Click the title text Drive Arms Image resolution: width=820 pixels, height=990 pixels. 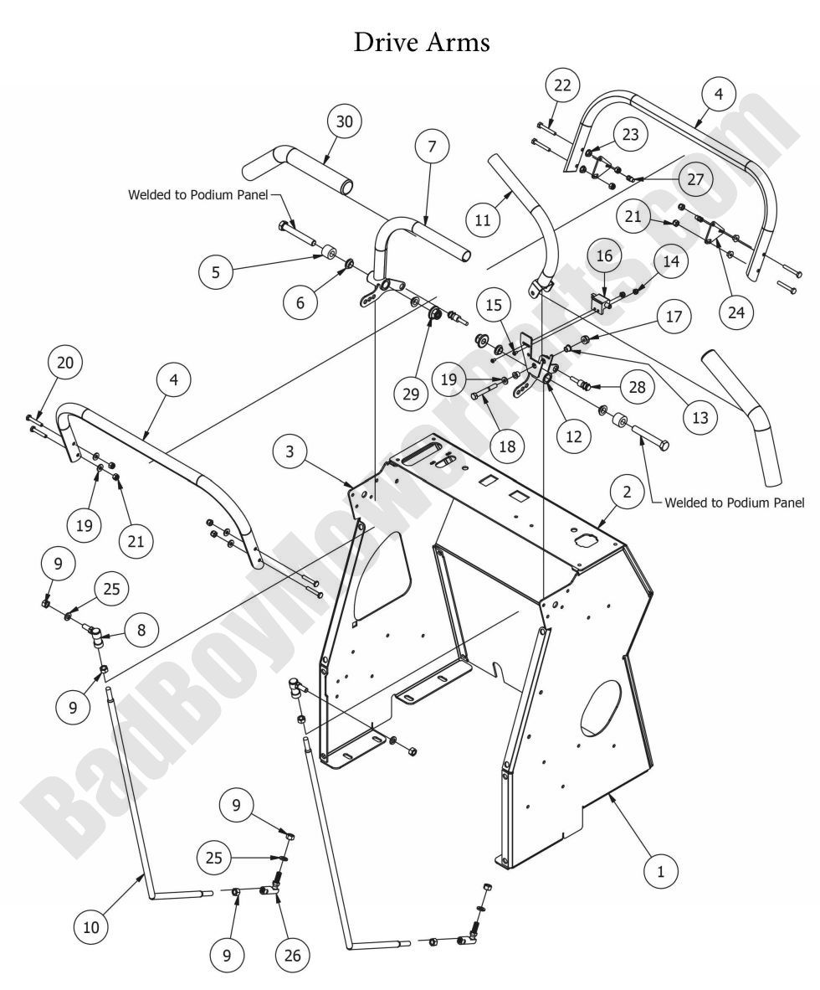pyautogui.click(x=422, y=42)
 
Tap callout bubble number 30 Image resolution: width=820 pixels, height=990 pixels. pyautogui.click(x=345, y=121)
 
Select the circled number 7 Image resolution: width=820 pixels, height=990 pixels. pyautogui.click(x=432, y=147)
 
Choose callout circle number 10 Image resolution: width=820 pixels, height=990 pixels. pyautogui.click(x=91, y=926)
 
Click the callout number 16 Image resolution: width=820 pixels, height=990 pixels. pyautogui.click(x=606, y=256)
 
